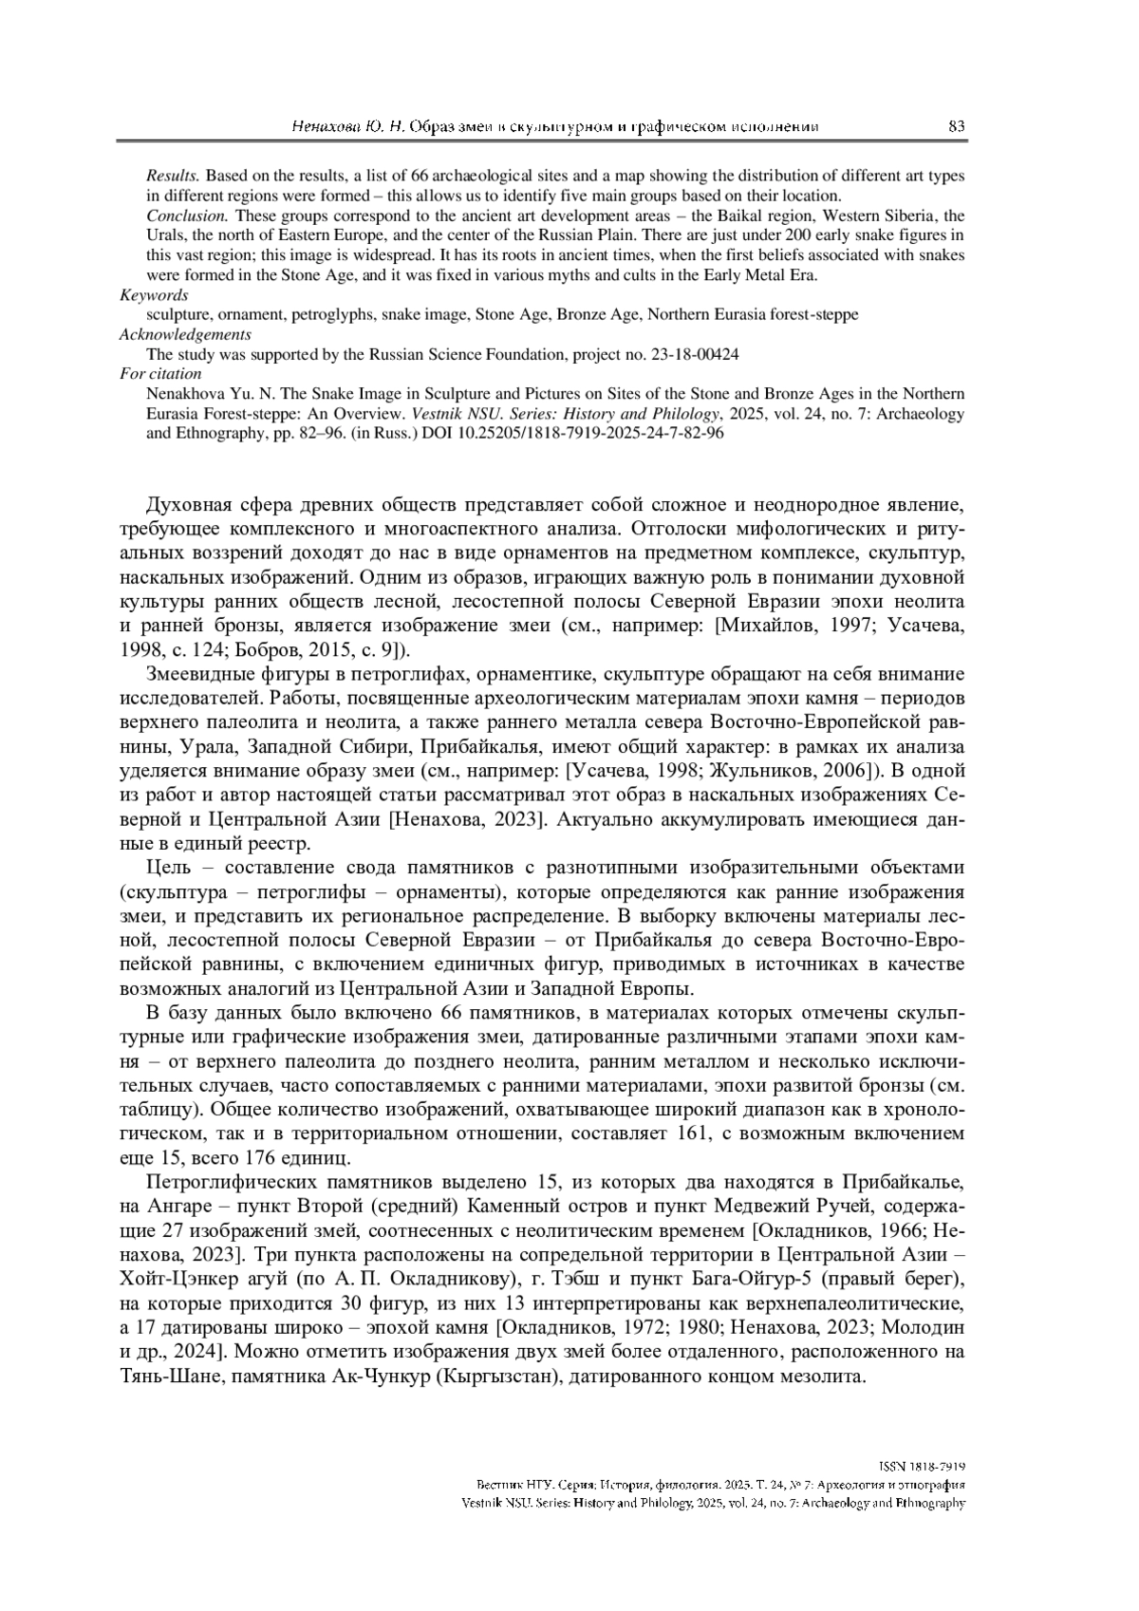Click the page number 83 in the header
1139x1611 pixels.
pos(956,126)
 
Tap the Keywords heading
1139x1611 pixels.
pos(154,295)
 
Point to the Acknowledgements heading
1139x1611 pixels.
pos(185,334)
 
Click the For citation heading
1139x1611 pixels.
pos(160,373)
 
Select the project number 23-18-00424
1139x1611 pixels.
pos(694,354)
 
